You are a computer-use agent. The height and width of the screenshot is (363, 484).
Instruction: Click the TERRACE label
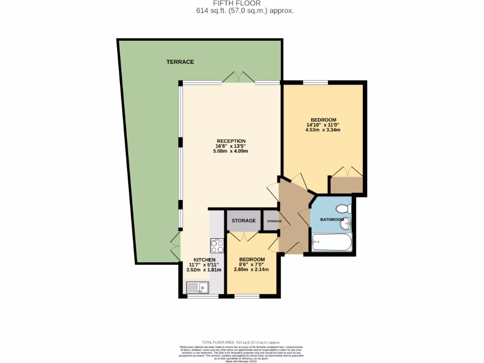(x=180, y=62)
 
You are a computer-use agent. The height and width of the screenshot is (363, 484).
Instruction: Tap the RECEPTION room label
(x=231, y=141)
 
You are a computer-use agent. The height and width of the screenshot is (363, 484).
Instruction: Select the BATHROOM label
(x=332, y=220)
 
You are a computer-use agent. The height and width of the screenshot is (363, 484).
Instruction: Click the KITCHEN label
(x=204, y=260)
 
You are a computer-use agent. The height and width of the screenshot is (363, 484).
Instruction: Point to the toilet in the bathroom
(x=343, y=208)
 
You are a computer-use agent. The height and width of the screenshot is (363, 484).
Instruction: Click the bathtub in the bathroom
(x=332, y=243)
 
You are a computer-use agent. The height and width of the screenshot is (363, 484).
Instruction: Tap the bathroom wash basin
(x=346, y=223)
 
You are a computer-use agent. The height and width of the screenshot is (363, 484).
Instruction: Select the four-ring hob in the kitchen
(x=217, y=246)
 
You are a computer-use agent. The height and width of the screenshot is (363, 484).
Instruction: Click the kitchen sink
(x=198, y=287)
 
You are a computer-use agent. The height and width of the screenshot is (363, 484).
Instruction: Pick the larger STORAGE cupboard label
(x=243, y=221)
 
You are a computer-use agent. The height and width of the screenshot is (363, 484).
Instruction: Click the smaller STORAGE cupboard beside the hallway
(x=274, y=221)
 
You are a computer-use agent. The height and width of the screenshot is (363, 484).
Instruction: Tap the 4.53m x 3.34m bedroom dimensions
(x=323, y=130)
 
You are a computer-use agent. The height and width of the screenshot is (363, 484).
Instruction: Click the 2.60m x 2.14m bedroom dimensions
(x=251, y=270)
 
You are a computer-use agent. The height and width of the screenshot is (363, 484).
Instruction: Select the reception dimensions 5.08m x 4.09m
(x=231, y=151)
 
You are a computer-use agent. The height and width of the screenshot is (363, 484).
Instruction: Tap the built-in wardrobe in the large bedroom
(x=346, y=185)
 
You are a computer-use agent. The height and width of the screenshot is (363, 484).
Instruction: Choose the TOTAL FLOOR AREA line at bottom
(x=242, y=342)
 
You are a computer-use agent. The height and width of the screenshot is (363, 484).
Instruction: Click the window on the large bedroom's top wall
(x=315, y=83)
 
